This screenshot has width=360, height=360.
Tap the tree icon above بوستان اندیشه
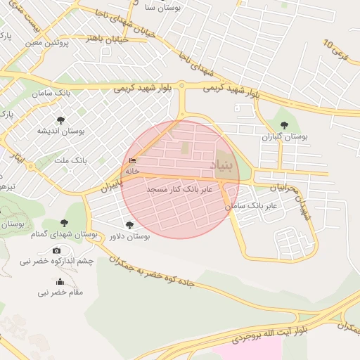(61, 120)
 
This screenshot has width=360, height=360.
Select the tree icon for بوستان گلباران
(284, 124)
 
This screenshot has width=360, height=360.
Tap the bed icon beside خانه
(132, 161)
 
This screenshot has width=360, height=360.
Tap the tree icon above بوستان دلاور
(129, 225)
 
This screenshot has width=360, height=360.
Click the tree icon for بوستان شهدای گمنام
(64, 223)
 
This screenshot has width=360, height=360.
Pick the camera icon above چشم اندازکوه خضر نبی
(56, 250)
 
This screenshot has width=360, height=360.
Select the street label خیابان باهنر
(106, 39)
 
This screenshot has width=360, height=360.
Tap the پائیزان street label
(111, 185)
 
